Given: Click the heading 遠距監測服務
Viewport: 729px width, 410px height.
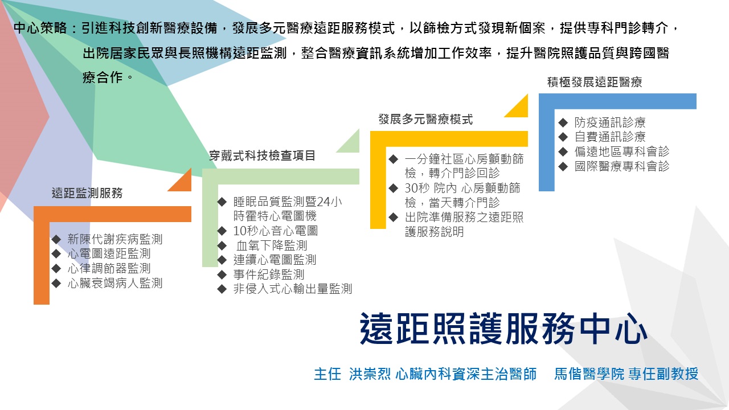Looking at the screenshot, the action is pyautogui.click(x=87, y=193).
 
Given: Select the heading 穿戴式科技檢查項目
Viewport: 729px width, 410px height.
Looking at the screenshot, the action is pyautogui.click(x=262, y=155).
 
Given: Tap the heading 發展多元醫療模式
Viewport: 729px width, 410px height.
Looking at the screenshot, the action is pyautogui.click(x=425, y=120).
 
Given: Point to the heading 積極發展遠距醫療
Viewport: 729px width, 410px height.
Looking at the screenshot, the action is pyautogui.click(x=595, y=82).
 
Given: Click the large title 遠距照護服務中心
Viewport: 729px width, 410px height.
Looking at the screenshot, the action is pyautogui.click(x=503, y=329).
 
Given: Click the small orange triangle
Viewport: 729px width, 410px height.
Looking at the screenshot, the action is pyautogui.click(x=182, y=182).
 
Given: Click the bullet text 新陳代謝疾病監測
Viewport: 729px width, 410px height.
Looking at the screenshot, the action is pyautogui.click(x=115, y=239).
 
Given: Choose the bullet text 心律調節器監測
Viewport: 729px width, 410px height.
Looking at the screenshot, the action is pyautogui.click(x=109, y=268).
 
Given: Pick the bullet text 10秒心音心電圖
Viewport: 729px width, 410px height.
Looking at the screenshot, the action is pyautogui.click(x=275, y=231).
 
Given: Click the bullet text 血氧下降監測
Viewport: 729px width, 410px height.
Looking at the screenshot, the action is pyautogui.click(x=272, y=245).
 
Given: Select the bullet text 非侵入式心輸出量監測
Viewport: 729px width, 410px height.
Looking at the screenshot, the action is pyautogui.click(x=293, y=289).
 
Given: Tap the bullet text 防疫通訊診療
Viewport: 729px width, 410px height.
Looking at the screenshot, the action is pyautogui.click(x=610, y=122).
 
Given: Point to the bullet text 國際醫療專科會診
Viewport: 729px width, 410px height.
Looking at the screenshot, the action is pyautogui.click(x=622, y=166).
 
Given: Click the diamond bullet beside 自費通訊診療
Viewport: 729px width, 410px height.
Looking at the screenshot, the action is pyautogui.click(x=563, y=137).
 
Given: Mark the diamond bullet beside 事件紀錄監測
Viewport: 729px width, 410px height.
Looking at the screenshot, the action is pyautogui.click(x=222, y=274).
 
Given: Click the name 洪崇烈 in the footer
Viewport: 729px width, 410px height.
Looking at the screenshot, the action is pyautogui.click(x=370, y=374).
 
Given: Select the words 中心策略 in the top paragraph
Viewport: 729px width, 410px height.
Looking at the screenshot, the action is pyautogui.click(x=40, y=28).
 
